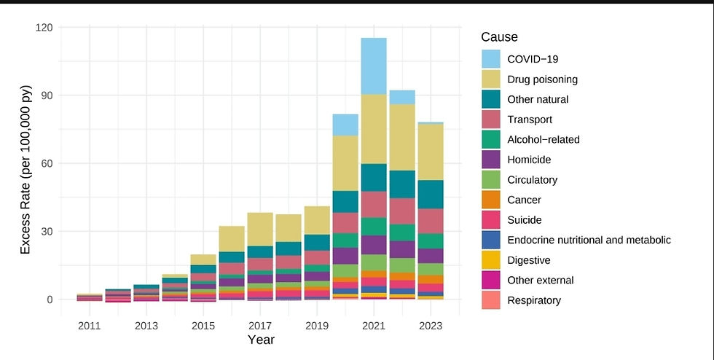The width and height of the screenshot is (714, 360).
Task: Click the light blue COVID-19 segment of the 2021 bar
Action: pos(374,66)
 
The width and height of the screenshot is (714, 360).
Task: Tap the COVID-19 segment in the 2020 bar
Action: pos(345,125)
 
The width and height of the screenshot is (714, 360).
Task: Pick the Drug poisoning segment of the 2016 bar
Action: pos(232,238)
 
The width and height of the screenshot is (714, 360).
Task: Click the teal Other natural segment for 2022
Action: pos(402,184)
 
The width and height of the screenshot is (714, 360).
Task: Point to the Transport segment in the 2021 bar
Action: pos(374,204)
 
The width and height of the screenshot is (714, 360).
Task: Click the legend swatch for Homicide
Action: pos(491,160)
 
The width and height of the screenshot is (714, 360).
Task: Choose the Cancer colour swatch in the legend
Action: pos(491,200)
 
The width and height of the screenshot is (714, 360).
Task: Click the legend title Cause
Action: pos(499,36)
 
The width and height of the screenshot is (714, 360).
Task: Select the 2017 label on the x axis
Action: pos(260,326)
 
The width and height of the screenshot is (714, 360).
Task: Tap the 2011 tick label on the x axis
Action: pos(90,326)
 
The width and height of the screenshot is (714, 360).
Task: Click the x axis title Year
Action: pos(260,340)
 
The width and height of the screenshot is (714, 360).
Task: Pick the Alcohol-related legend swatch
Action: pos(491,139)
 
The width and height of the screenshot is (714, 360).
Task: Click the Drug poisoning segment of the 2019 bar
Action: pos(317,220)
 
